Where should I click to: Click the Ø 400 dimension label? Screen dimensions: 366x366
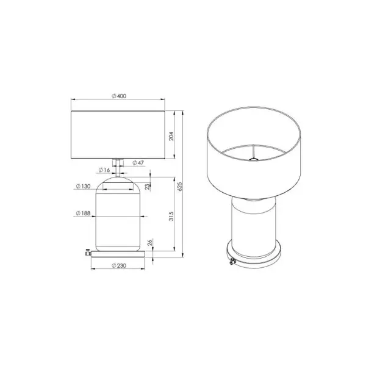point(119,96)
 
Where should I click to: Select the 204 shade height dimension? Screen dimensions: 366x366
point(171,136)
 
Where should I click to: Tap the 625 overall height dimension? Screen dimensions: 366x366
point(180,187)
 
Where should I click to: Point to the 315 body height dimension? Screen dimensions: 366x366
point(171,216)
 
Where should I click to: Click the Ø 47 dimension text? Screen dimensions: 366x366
point(138,163)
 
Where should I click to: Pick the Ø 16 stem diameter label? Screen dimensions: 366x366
point(104,170)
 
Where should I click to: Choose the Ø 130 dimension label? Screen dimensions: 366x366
point(83,186)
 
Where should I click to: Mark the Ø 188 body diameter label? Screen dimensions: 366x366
point(83,213)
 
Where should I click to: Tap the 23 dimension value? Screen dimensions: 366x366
point(147,187)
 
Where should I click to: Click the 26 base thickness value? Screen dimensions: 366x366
point(150,242)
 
